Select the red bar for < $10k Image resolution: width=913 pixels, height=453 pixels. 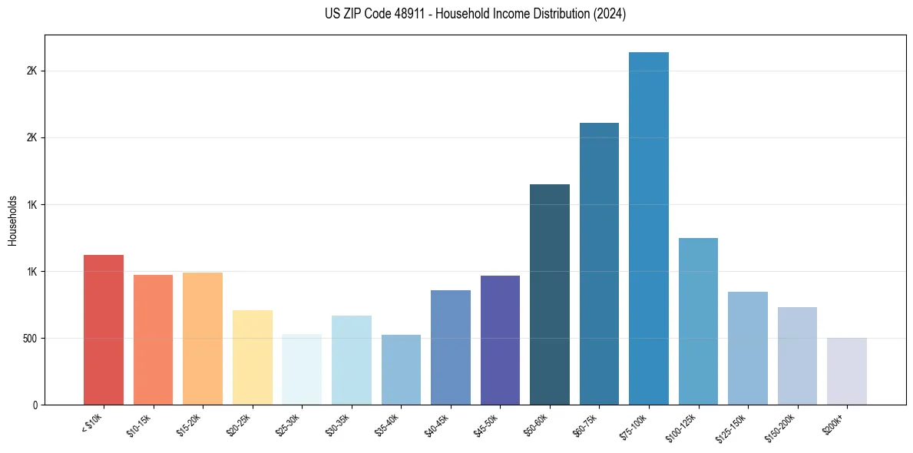pos(104,329)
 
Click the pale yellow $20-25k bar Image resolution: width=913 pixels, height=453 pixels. pos(253,357)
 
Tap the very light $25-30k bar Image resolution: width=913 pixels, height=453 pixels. pos(302,369)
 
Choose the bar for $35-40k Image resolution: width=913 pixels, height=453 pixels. pos(401,369)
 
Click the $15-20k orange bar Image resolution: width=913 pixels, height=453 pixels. pos(203,339)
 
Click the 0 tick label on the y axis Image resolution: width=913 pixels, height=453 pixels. pos(36,405)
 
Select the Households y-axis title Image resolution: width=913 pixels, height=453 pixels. pos(13,220)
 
